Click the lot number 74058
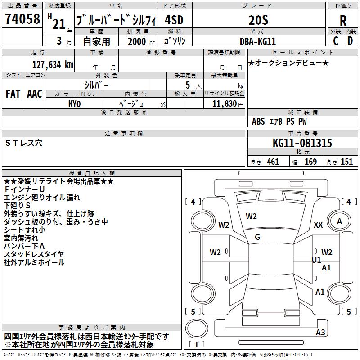coord(22,19)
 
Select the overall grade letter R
coord(343,21)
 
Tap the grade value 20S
coord(258,20)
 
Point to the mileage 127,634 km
coord(52,65)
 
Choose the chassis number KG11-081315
coord(302,144)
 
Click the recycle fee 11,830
coord(225,103)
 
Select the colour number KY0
coord(74,103)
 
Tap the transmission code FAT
coord(13,94)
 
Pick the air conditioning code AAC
coord(35,94)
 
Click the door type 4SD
coord(174,20)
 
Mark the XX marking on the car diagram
coord(318,225)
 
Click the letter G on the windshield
coord(257,237)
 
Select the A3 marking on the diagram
coord(320,333)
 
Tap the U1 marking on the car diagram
coord(316,260)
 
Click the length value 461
coord(273,162)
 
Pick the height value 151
coord(346,162)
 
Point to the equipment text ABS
coord(258,121)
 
